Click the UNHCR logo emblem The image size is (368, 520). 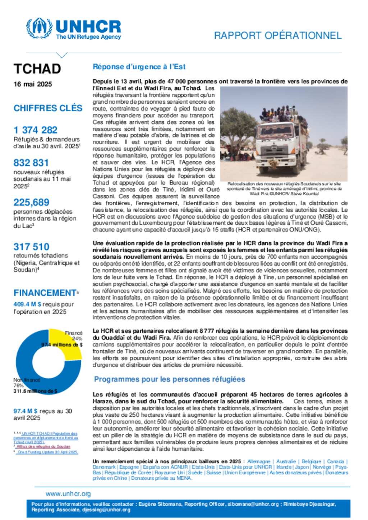pos(39,28)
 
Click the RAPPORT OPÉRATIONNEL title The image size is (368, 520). pos(277,36)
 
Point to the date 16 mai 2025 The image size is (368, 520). pos(33,84)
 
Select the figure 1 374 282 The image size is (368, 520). pos(36,130)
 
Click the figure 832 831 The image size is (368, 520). pos(31,163)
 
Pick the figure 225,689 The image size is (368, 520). pos(31,202)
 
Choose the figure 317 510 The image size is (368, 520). pos(31,247)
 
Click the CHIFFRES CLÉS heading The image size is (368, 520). pos(48,108)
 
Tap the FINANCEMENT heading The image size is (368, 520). pos(45,293)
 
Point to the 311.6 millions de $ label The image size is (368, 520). pos(35,391)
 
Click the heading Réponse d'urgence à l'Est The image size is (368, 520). pos(139,67)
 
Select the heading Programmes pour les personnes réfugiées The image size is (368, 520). pos(170,379)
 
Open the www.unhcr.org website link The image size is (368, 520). pos(68,494)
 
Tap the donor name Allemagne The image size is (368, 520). pos(259,462)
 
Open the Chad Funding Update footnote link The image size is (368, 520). pos(48,452)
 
